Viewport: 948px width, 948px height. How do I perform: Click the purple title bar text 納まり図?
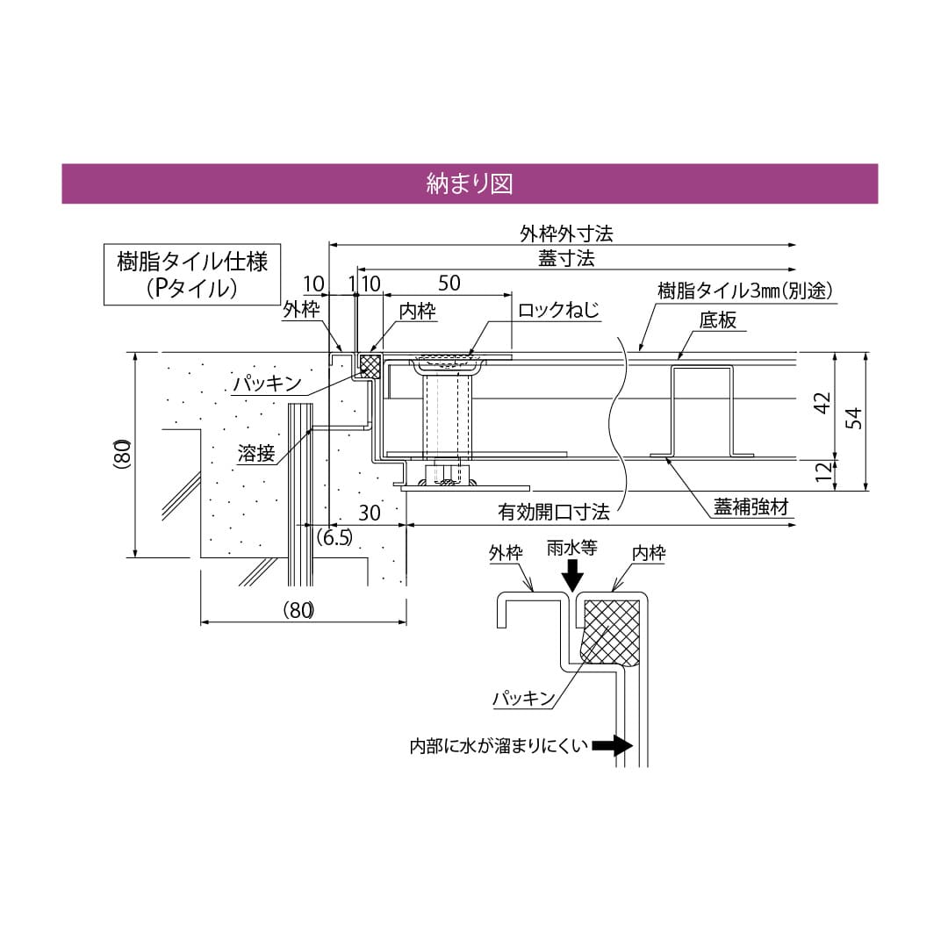coord(469,183)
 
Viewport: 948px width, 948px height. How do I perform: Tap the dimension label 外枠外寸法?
coord(565,233)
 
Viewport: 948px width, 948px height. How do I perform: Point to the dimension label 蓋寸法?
coord(566,258)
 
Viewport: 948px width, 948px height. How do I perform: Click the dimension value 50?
coord(449,283)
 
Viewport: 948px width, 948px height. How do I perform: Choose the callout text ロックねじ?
coord(558,310)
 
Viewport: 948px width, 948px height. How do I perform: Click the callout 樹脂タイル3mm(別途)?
coord(744,290)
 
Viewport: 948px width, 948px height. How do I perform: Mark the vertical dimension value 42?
coord(822,405)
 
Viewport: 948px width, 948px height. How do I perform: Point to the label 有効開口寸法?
coord(554,512)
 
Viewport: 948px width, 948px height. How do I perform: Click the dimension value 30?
coord(370,513)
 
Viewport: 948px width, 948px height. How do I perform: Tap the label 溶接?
coord(256,453)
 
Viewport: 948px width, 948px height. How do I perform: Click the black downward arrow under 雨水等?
coord(572,576)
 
